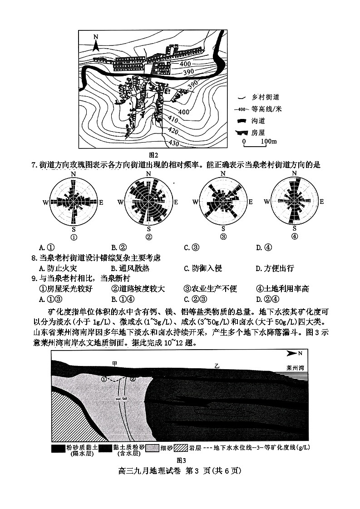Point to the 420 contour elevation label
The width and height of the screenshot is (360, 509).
173,131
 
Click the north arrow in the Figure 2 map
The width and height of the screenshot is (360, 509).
96,43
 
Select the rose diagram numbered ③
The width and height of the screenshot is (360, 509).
222,203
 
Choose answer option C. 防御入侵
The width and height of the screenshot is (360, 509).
202,268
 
